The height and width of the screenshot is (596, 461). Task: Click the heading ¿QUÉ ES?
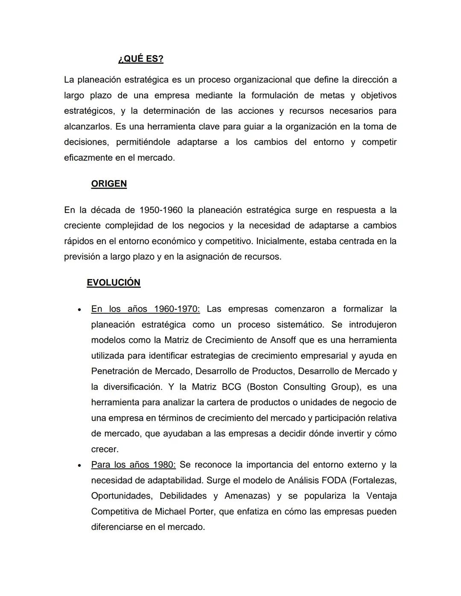[x=140, y=59]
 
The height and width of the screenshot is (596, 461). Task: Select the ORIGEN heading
[x=109, y=184]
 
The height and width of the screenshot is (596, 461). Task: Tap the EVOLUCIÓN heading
[x=114, y=283]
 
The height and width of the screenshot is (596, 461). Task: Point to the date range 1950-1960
[x=161, y=210]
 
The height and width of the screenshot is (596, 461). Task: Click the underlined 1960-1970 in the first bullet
[x=177, y=309]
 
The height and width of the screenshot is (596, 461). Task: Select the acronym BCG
[x=231, y=387]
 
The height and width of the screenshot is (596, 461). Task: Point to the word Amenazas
[x=247, y=496]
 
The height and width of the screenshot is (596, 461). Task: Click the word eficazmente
[x=88, y=158]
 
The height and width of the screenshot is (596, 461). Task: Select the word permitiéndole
[x=143, y=142]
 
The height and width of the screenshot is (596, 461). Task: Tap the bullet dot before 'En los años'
[x=79, y=310]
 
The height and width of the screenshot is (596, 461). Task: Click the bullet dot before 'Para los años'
[x=79, y=465]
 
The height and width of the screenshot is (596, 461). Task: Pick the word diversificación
[x=132, y=387]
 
